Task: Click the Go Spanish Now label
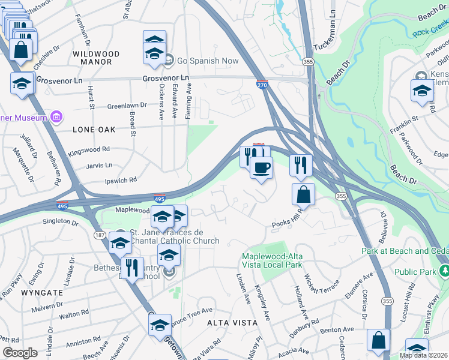pos(207,61)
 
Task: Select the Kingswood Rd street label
pos(89,149)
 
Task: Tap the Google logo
pos(20,352)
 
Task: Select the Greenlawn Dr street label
pos(127,105)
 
